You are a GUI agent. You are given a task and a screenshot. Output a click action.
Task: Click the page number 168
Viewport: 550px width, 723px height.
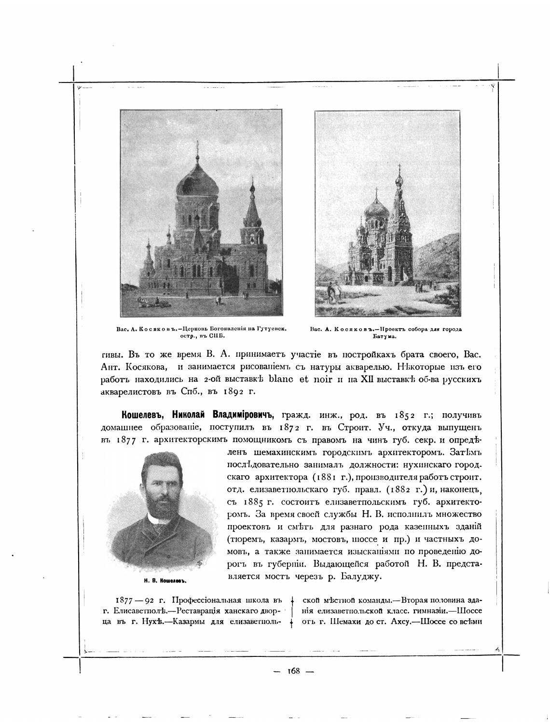click(x=293, y=671)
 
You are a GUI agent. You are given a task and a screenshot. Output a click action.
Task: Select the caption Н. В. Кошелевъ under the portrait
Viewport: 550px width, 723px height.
click(x=159, y=581)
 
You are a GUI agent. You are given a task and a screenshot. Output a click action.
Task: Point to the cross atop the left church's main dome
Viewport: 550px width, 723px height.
click(x=196, y=147)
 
